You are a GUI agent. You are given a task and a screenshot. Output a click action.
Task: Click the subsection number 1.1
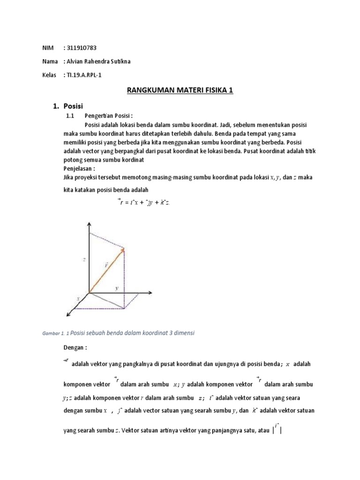pyautogui.click(x=70, y=116)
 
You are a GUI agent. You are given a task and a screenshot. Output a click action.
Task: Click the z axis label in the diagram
pyautogui.click(x=83, y=259)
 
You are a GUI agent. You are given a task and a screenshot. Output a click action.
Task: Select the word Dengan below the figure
pyautogui.click(x=75, y=348)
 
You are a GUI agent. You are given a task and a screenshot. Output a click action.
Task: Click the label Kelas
pyautogui.click(x=49, y=75)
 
